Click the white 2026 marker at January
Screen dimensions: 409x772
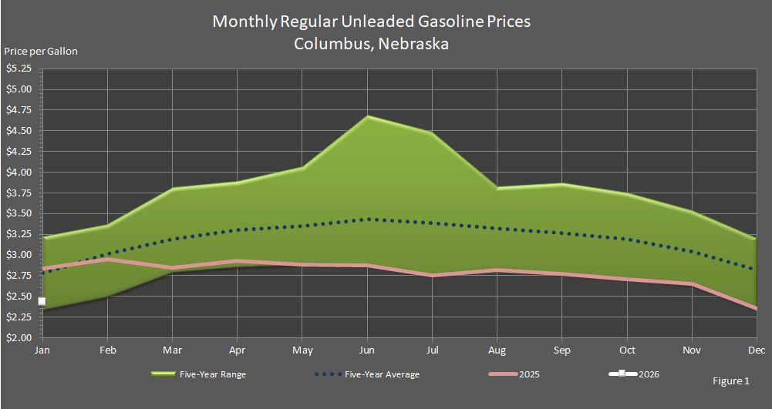coord(42,301)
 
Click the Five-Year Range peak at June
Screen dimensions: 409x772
coord(368,117)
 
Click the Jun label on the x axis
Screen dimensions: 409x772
coord(368,350)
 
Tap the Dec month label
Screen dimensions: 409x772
coord(757,350)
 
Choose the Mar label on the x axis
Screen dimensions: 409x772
coord(173,350)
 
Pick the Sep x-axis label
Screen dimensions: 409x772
coord(562,350)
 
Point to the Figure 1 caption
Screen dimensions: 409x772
coord(731,381)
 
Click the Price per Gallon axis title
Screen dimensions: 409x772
coord(41,52)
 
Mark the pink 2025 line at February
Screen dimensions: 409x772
coord(108,260)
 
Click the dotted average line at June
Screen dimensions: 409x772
coord(368,220)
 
